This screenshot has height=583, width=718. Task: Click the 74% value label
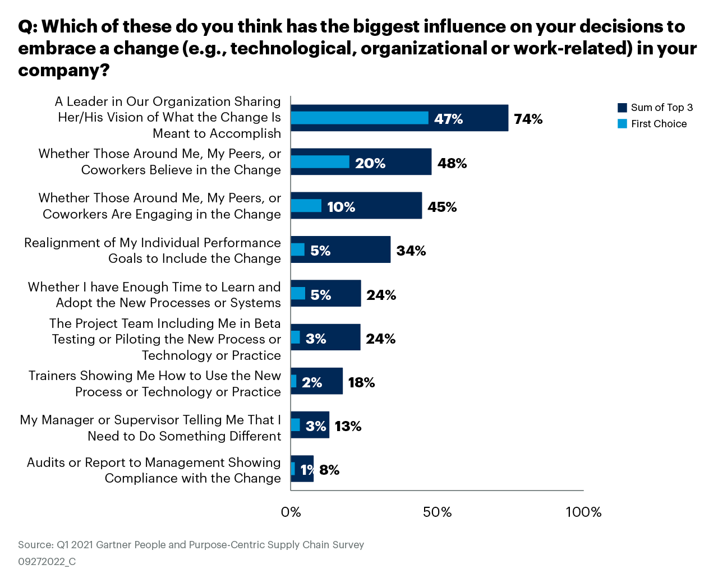pos(528,119)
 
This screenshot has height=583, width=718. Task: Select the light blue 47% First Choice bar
pos(359,118)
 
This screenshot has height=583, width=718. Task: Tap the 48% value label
pos(452,163)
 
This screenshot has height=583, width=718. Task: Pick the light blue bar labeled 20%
pos(320,162)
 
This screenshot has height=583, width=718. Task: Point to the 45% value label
pos(442,207)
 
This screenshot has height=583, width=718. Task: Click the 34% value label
pos(411,251)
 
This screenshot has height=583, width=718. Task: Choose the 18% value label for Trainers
pos(361,382)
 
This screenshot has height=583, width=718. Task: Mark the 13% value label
pos(348,426)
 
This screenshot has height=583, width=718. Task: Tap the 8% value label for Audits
pos(329,470)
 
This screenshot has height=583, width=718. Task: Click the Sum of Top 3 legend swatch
pos(622,108)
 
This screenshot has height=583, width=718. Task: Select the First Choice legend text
pos(659,124)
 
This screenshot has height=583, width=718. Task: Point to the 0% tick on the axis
pos(291,512)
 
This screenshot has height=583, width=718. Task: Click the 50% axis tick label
pos(437,512)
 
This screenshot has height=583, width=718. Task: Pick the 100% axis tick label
pos(583,512)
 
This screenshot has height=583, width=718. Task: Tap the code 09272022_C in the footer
pos(47,562)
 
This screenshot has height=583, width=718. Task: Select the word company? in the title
pos(63,71)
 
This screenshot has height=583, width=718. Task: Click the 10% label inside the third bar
pos(341,207)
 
